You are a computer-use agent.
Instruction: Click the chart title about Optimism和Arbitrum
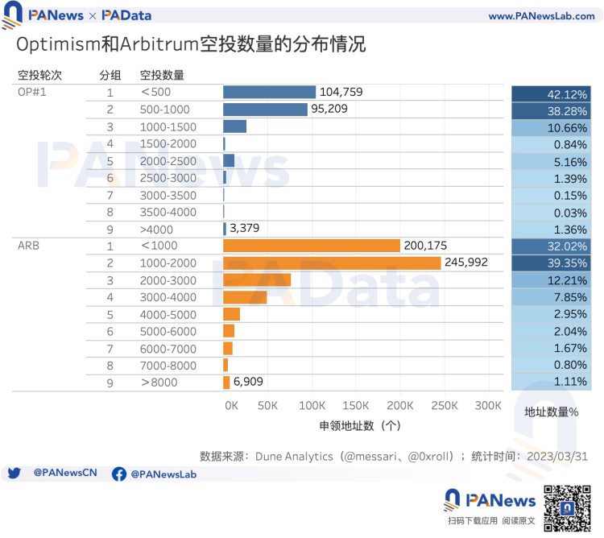click(x=191, y=43)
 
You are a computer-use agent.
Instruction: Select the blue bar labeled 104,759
click(x=269, y=92)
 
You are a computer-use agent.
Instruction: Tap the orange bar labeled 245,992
click(x=332, y=263)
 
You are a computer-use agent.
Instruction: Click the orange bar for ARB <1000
click(x=312, y=246)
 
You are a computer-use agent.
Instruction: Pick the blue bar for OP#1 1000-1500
click(x=234, y=126)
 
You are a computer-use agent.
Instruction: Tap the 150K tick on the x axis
click(x=355, y=404)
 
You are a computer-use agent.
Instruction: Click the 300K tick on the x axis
click(x=488, y=404)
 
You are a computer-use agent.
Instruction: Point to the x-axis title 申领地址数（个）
click(x=360, y=425)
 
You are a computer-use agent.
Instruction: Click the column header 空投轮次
click(x=39, y=75)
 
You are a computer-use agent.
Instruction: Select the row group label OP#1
click(x=33, y=92)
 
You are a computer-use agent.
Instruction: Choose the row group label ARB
click(x=28, y=246)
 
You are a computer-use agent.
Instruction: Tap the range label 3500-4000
click(x=168, y=212)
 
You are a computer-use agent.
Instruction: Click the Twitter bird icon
click(x=14, y=474)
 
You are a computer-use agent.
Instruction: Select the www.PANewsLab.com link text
click(x=541, y=16)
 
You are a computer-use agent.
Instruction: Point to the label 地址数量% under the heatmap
click(x=551, y=412)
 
